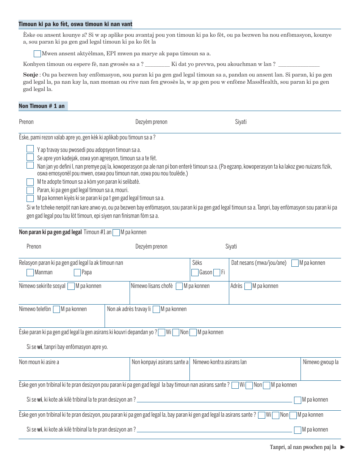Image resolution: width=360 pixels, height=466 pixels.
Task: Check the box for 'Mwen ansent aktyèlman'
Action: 37,54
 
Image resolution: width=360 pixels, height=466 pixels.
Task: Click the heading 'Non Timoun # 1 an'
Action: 42,106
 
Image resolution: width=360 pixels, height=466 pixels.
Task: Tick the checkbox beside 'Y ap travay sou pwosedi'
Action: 30,149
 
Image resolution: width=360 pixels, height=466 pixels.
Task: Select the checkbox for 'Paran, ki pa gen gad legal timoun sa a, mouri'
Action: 30,190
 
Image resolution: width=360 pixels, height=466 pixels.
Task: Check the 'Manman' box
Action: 30,272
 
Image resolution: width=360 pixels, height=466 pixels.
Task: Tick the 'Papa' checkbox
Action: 77,272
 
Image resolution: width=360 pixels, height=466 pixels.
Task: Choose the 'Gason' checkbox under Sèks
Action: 195,272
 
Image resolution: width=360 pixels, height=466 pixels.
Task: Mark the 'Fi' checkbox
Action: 217,272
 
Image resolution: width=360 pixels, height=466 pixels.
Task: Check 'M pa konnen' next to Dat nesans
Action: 295,263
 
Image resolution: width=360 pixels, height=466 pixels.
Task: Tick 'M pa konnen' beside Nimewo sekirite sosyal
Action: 71,286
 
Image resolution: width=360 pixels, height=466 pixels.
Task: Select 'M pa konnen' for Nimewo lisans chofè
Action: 179,286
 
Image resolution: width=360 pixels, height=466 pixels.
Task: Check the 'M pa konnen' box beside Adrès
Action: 248,286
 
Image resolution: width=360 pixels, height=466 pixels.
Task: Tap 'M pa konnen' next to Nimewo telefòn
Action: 56,310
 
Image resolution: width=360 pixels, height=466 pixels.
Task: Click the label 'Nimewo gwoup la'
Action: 321,362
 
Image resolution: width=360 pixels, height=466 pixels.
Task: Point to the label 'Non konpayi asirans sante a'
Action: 160,362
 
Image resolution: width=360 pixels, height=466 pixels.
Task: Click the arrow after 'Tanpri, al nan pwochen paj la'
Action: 343,447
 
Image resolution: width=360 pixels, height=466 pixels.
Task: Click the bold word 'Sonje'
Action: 30,75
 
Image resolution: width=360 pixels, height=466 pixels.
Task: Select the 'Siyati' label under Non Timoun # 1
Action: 241,122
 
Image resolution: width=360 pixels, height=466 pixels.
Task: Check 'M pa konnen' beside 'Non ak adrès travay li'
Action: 156,310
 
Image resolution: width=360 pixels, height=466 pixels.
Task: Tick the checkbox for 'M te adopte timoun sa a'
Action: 30,182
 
